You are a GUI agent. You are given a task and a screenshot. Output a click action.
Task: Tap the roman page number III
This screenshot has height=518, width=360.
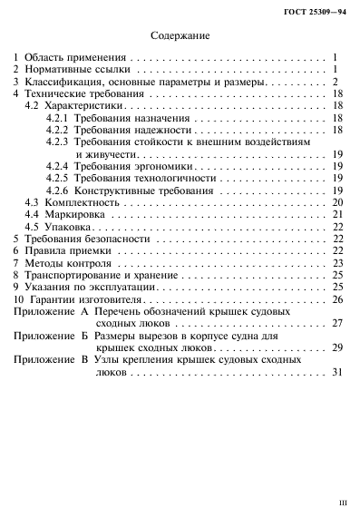342,500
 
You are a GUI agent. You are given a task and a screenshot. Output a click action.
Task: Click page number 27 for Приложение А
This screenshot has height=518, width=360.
336,322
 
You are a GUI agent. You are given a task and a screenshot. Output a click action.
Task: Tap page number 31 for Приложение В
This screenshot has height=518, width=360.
336,371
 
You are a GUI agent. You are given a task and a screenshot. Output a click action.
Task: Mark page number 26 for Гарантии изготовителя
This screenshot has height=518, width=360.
336,298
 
